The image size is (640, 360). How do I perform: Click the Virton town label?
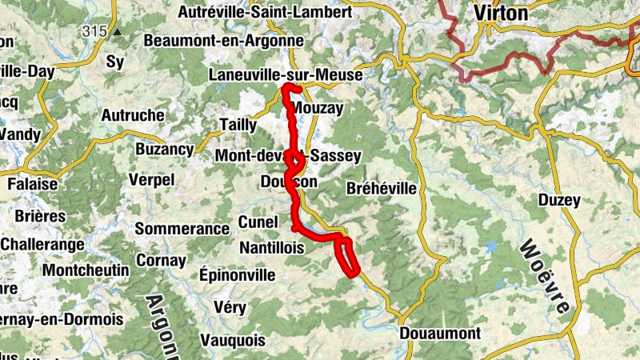501,13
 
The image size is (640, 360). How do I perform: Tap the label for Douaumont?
440,333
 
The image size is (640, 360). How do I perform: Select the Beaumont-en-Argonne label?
223,40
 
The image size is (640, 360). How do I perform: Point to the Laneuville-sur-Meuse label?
286,74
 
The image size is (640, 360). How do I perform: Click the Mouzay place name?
318,107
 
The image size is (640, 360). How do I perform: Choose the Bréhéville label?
382,189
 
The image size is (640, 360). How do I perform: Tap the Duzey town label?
558,200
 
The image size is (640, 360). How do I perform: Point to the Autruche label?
133,115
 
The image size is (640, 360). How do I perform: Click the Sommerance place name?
182,229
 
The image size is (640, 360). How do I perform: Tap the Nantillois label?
270,249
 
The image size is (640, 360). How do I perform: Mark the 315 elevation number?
93,31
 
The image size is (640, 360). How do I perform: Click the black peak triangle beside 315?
118,33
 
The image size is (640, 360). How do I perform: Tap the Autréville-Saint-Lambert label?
264,13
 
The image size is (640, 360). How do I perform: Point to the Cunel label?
258,222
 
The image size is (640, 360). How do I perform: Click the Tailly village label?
238,125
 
